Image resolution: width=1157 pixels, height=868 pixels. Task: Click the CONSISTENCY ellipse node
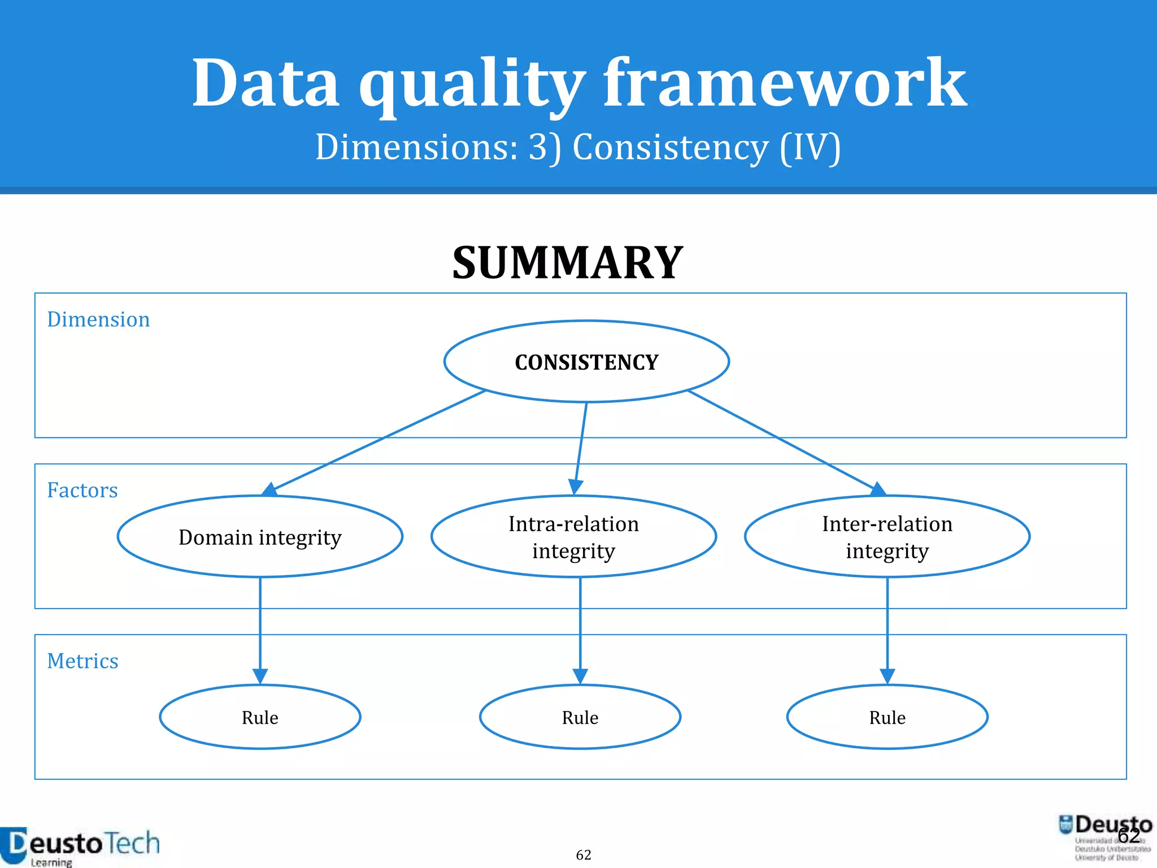586,362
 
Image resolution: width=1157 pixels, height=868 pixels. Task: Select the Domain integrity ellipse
260,537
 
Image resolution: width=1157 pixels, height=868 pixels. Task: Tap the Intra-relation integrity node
573,537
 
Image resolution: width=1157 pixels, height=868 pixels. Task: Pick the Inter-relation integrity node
887,537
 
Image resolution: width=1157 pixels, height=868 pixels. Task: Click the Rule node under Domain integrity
260,717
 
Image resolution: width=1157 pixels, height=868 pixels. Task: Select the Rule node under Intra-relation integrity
580,717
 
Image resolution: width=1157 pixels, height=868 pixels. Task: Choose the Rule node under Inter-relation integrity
887,717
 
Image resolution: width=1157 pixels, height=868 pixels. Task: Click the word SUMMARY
568,263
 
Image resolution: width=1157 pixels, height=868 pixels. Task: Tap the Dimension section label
98,320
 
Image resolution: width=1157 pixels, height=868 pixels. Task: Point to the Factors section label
82,491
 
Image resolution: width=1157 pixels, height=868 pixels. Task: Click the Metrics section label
82,661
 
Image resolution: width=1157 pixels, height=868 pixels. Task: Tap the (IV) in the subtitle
810,148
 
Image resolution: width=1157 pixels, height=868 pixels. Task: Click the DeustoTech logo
79,845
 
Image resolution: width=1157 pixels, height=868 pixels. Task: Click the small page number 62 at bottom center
584,855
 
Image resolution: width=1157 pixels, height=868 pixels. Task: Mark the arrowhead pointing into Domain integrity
270,489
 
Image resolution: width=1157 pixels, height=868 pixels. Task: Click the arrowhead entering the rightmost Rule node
887,676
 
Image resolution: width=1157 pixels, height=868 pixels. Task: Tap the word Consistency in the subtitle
671,148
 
